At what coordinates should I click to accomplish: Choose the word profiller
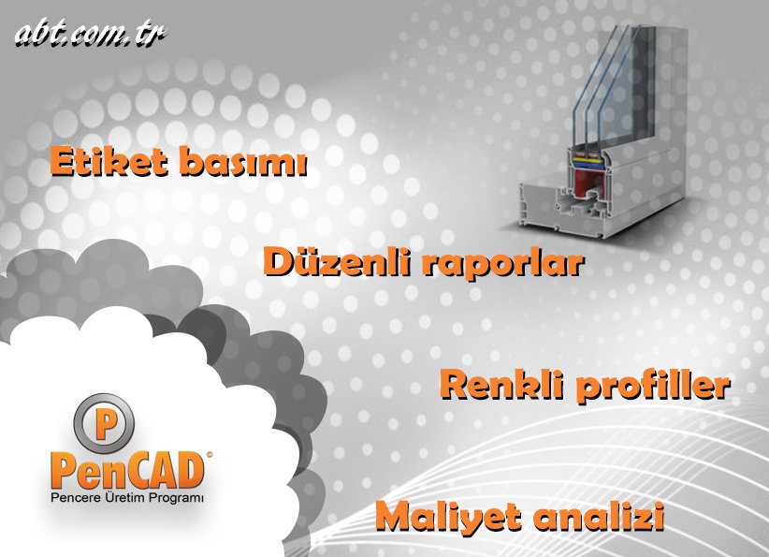pos(651,385)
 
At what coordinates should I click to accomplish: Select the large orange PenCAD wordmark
pos(125,470)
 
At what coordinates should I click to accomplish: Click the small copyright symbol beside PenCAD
pos(208,454)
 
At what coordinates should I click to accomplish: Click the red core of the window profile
pos(579,178)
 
